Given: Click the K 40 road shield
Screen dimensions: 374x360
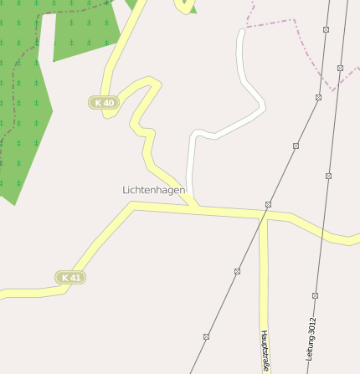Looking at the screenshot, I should pos(103,102).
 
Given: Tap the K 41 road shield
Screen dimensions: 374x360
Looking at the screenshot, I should pos(70,277).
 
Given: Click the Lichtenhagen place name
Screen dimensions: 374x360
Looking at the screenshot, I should pos(153,190).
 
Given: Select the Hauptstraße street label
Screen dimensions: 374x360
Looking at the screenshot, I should pos(265,351).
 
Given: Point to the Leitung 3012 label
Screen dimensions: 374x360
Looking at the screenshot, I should pos(311,339).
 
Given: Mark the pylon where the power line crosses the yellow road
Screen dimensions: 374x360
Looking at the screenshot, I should pos(268,204).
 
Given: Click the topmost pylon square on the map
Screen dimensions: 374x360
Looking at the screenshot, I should pos(326,29).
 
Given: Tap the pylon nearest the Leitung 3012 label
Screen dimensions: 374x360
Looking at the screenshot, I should pos(315,295).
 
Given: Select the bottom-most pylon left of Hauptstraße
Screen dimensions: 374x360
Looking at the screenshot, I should pos(206,336).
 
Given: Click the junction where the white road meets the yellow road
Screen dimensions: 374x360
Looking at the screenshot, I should pos(195,203).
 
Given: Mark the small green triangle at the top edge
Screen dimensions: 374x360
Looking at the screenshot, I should pos(192,9).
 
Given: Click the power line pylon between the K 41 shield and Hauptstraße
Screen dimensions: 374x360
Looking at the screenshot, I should pos(237,271).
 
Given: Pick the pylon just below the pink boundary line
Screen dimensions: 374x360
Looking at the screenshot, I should pos(318,97).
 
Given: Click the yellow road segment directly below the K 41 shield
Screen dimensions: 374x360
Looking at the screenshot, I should pos(50,292).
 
